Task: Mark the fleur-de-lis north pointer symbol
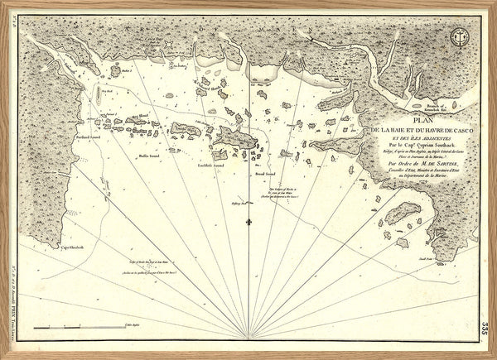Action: tap(248, 223)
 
